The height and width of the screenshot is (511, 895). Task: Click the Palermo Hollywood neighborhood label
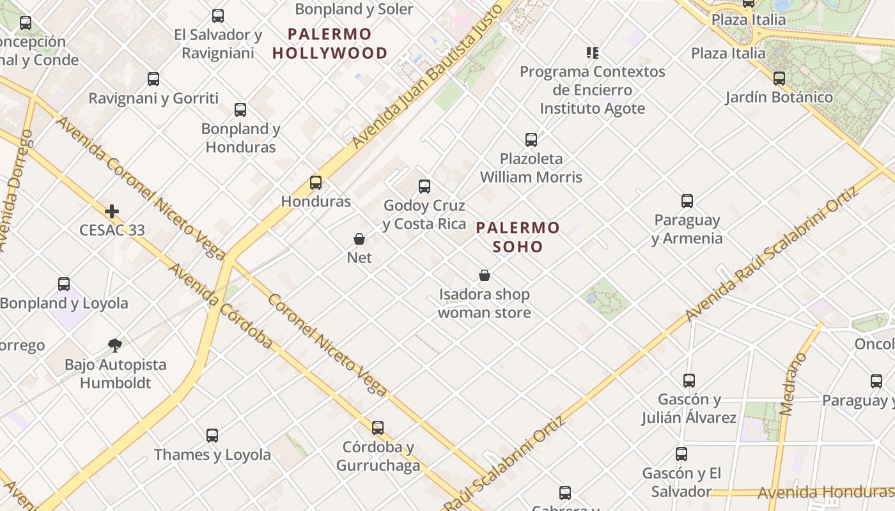[330, 43]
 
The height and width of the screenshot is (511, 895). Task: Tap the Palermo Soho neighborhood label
[518, 237]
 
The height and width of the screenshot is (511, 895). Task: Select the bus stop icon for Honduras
[316, 183]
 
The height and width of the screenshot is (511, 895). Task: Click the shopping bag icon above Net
[359, 240]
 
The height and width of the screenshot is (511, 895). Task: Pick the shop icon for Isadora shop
[485, 276]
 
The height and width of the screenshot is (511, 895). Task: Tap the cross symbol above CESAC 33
[112, 211]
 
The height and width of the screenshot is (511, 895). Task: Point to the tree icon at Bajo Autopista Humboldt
[115, 346]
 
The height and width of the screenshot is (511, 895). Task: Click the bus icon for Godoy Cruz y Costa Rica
[424, 187]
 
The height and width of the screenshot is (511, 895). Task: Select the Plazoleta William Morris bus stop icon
[531, 140]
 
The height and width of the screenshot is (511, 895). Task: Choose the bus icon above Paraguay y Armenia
[687, 201]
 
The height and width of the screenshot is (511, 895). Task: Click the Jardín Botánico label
[779, 98]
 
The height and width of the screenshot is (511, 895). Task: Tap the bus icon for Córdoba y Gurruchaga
[378, 428]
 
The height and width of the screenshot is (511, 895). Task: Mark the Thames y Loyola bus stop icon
[212, 436]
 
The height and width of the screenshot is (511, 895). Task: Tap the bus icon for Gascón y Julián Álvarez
[689, 381]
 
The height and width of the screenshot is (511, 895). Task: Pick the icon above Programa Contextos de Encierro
[593, 53]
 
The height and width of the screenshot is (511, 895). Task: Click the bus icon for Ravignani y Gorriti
[153, 80]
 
